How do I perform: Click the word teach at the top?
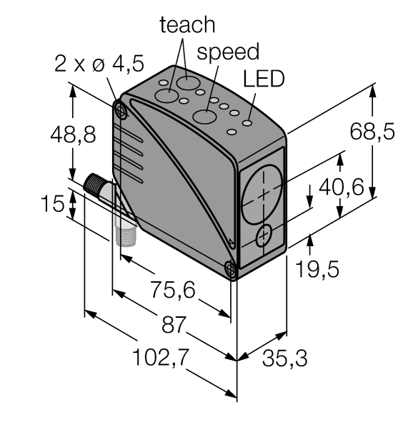pos(187,25)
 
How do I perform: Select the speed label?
pos(229,52)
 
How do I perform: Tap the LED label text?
pos(264,79)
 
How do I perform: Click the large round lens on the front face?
pos(263,194)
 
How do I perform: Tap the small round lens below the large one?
pos(264,235)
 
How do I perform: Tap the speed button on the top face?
pos(209,117)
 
